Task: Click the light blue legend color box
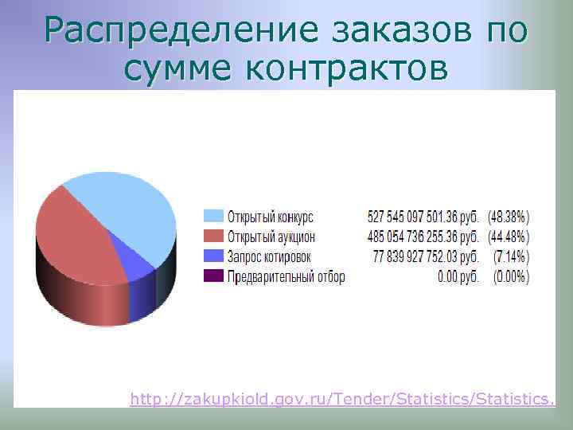click(213, 217)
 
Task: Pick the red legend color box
click(213, 236)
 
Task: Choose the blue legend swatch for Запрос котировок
click(213, 256)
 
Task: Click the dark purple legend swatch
click(213, 276)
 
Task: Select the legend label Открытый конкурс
click(271, 217)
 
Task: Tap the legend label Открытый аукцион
click(271, 236)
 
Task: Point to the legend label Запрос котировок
click(269, 256)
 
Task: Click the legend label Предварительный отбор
click(286, 276)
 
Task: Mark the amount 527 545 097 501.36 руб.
click(423, 217)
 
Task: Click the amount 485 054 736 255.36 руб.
click(423, 236)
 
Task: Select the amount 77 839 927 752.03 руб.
click(426, 256)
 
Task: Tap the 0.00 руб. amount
click(458, 276)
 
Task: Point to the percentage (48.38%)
click(509, 217)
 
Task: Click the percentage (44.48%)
click(509, 236)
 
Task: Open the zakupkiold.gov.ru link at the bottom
click(342, 396)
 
